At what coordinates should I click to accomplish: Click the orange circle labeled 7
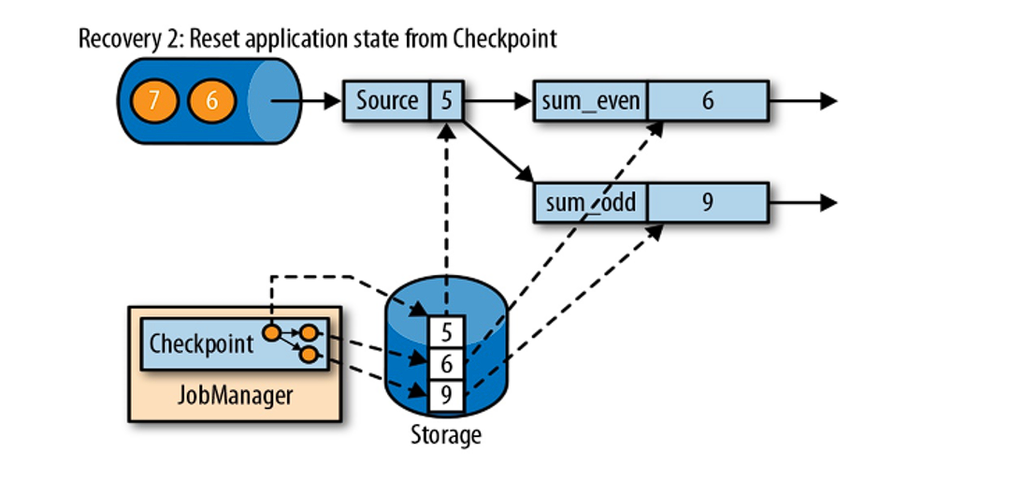(x=152, y=100)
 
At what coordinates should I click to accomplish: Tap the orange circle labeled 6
(x=211, y=100)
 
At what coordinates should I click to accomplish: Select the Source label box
(x=387, y=100)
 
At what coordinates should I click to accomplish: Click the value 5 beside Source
(x=446, y=100)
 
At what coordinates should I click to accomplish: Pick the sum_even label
(x=590, y=100)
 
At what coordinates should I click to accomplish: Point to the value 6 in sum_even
(x=707, y=100)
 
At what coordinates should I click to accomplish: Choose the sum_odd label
(x=590, y=202)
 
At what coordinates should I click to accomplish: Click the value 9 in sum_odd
(x=707, y=202)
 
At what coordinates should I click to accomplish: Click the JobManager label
(x=235, y=395)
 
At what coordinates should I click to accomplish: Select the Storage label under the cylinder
(x=445, y=435)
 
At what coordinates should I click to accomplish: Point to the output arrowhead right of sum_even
(x=829, y=101)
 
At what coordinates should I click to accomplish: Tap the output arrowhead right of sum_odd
(x=829, y=203)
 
